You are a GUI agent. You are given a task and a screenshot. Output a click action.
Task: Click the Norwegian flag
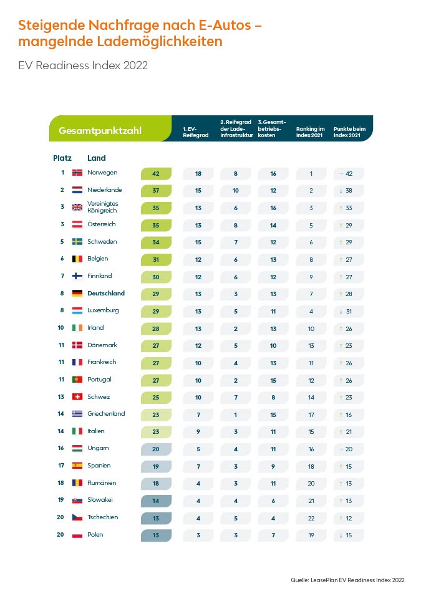click(77, 173)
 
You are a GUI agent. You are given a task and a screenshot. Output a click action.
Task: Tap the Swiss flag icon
click(77, 396)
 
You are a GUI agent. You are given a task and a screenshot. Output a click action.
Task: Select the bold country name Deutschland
click(106, 293)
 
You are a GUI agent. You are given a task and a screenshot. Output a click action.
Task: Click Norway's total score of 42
click(156, 173)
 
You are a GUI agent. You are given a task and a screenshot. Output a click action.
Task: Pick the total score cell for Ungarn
click(156, 448)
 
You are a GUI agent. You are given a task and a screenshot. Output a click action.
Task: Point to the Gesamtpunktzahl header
click(100, 131)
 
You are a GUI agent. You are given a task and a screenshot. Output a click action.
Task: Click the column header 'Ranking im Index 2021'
click(310, 132)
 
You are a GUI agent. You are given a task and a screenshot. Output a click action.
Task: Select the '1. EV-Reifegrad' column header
click(191, 132)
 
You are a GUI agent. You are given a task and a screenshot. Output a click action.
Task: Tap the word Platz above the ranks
click(62, 158)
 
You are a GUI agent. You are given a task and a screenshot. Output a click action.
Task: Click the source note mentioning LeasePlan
click(347, 580)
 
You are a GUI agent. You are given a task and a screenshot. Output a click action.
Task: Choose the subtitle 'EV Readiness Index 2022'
click(83, 65)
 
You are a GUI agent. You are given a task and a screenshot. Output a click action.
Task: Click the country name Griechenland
click(106, 413)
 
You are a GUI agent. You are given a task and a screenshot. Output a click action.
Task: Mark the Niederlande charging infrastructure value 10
click(235, 190)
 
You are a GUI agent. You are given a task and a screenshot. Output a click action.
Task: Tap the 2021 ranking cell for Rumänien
click(310, 483)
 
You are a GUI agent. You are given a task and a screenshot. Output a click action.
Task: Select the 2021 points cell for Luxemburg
click(348, 310)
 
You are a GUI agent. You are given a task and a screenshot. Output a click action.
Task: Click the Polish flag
click(77, 534)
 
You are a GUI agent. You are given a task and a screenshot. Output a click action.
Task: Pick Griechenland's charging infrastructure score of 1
click(235, 414)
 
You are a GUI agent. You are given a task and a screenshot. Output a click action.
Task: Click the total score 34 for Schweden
click(156, 242)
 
